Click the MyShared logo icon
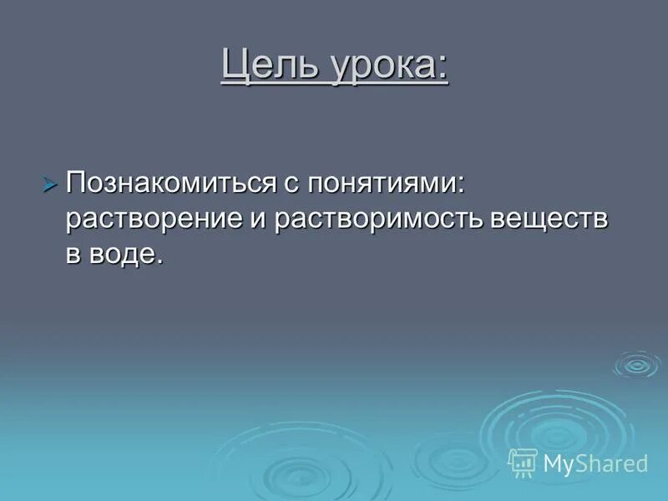(523, 462)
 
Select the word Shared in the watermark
(613, 463)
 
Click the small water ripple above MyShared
(636, 365)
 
